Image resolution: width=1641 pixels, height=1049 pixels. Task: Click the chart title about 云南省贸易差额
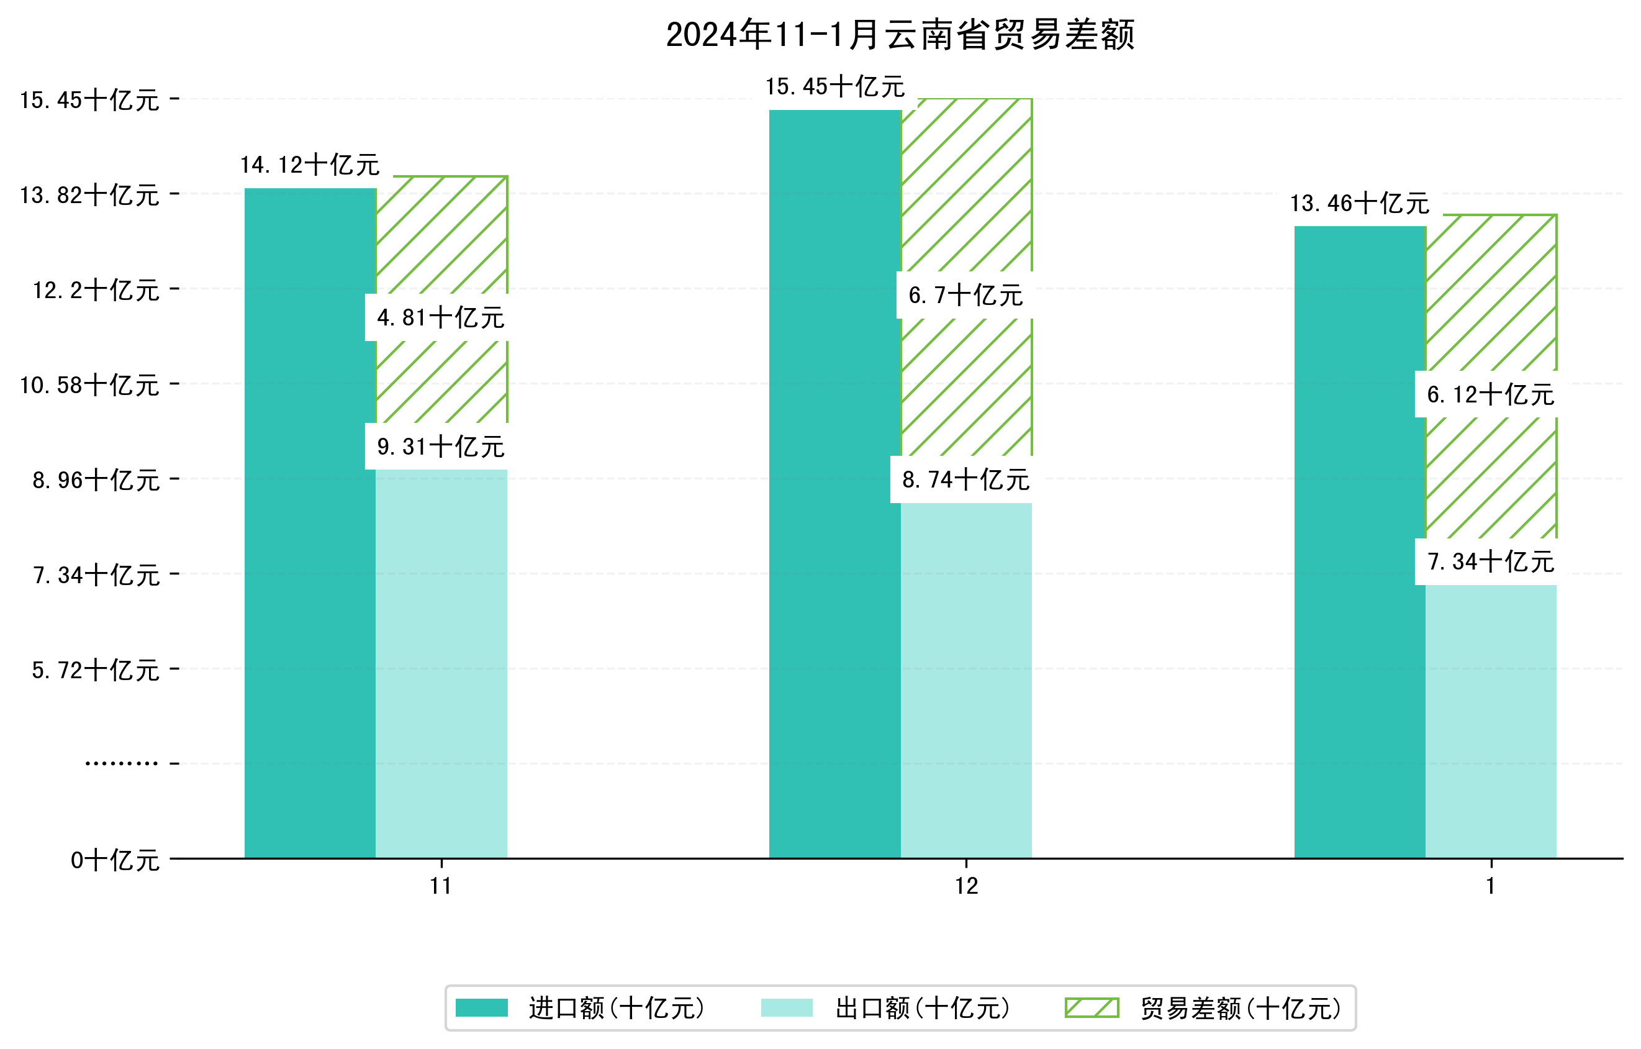[900, 35]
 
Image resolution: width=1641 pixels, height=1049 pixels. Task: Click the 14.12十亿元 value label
[310, 165]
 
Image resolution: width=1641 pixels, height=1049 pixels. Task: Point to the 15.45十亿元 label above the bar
[835, 86]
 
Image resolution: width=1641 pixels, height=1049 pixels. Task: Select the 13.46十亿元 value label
[1360, 203]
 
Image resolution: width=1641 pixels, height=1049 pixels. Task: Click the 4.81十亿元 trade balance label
[441, 317]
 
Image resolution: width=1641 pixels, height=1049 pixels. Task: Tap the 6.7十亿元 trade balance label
[965, 295]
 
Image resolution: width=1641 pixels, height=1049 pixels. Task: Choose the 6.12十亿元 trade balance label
[1490, 394]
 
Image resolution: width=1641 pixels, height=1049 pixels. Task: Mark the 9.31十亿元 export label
[441, 447]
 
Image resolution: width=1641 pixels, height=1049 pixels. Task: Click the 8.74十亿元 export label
[965, 480]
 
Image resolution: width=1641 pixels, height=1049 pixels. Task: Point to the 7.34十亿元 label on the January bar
[1490, 561]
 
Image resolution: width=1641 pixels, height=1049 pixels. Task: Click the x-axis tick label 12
[965, 886]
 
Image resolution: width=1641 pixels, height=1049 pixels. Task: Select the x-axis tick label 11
[441, 886]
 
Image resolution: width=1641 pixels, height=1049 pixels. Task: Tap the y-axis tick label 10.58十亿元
[89, 385]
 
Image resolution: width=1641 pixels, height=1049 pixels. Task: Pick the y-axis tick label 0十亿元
[115, 860]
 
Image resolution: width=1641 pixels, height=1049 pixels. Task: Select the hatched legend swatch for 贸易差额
[1092, 1008]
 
